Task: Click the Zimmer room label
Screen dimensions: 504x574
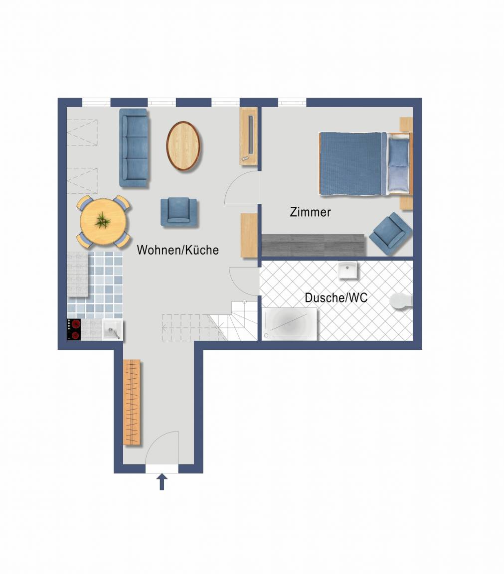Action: (310, 212)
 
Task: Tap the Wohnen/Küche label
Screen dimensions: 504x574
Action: (177, 250)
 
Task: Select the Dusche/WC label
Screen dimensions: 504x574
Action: (336, 297)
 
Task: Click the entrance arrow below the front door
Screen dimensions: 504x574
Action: (162, 482)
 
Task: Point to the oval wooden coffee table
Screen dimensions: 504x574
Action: (183, 145)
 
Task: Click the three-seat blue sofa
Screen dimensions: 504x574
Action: (134, 148)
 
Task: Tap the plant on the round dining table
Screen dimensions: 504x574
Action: (103, 221)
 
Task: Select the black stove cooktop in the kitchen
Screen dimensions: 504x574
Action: (74, 329)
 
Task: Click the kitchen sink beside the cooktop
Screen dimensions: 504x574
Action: (113, 330)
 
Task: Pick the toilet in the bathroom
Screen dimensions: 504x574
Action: (401, 301)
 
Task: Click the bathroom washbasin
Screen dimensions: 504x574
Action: (347, 270)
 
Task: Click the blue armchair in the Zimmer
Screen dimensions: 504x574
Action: (390, 234)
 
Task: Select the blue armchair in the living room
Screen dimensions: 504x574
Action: (179, 212)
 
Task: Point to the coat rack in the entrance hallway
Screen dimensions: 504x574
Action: (132, 402)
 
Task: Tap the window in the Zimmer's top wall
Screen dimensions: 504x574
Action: (292, 103)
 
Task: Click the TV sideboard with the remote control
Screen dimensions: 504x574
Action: (249, 136)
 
